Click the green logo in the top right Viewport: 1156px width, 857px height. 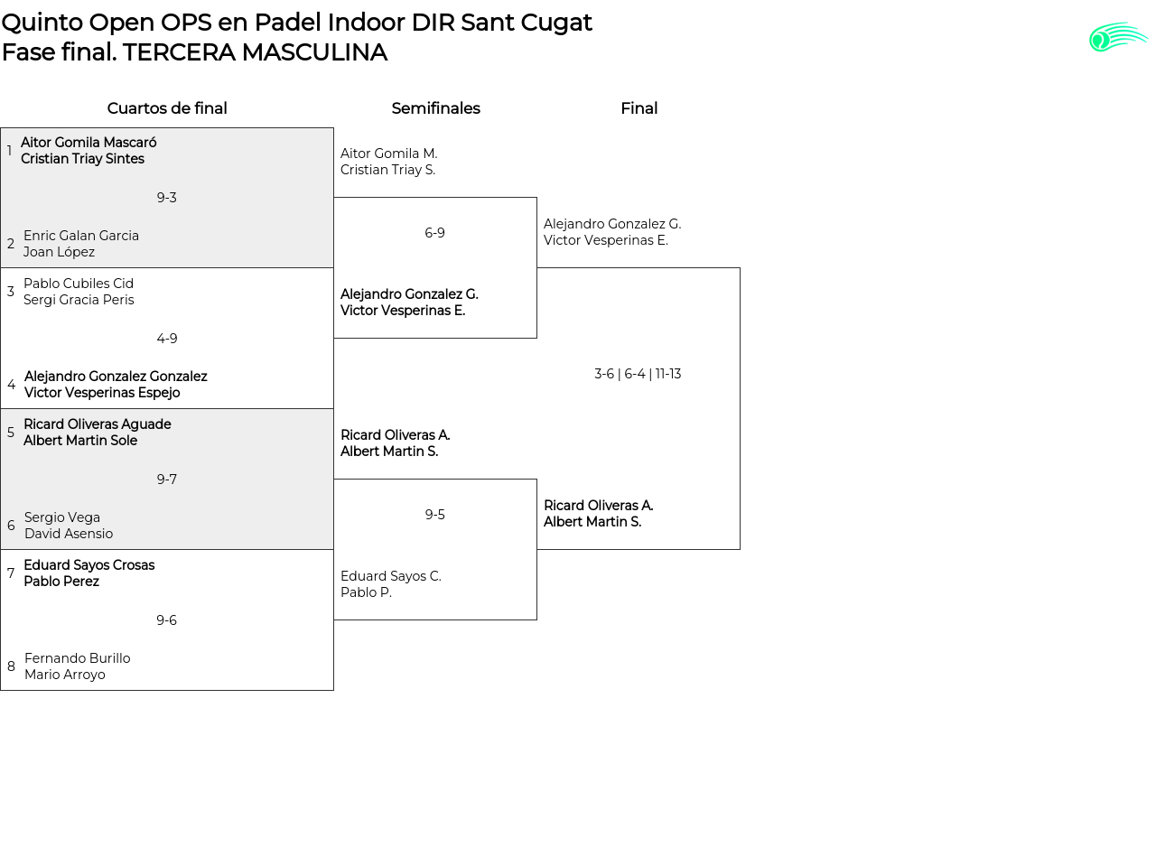1118,37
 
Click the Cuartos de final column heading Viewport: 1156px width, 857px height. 167,108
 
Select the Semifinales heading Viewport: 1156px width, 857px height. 435,108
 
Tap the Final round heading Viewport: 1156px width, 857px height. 639,108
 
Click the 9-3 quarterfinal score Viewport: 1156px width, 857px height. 167,198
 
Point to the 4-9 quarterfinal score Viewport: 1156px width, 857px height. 167,339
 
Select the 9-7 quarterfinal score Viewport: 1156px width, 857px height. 167,480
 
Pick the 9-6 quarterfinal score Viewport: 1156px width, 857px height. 167,620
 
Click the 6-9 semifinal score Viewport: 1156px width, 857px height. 434,233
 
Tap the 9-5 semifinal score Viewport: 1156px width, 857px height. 434,515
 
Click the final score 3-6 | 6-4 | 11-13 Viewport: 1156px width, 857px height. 638,374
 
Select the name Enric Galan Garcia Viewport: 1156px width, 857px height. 81,236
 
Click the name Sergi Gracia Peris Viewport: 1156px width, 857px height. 79,300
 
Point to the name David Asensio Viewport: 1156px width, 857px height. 69,534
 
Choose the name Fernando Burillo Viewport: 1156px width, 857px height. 78,658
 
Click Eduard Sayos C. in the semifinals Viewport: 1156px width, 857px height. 391,576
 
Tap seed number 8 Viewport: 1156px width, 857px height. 11,666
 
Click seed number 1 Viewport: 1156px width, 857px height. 10,151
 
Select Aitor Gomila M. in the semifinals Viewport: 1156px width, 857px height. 389,154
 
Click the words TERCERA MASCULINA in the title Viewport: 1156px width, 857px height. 255,52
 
